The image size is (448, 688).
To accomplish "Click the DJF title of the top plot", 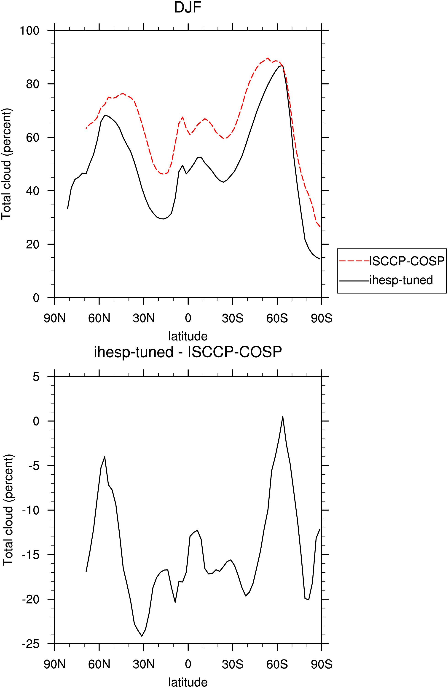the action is coord(188,7).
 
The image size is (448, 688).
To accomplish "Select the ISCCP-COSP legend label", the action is coord(407,261).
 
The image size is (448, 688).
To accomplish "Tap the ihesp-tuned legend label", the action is coord(401,280).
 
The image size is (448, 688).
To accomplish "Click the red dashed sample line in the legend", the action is coord(354,261).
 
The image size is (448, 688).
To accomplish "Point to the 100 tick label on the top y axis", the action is coord(29,30).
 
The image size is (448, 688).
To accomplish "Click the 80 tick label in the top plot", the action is coord(32,84).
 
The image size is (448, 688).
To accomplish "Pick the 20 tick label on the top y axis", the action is coord(32,244).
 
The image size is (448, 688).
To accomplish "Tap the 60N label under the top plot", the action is coord(99,318).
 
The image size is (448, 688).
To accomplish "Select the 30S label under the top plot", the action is coord(233,318).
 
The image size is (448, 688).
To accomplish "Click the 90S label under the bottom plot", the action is coord(322,665).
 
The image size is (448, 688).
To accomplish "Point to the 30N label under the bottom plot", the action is coord(144,665).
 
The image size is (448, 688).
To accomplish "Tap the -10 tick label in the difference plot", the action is coord(31,510).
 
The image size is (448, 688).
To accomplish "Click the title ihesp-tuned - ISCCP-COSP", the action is coord(188,352).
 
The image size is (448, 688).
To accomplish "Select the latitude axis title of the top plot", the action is coord(188,336).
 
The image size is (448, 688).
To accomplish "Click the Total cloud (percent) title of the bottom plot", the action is coord(8,510).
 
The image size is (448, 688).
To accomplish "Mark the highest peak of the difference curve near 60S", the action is coord(283,417).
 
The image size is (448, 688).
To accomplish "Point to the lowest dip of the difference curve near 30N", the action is coord(142,636).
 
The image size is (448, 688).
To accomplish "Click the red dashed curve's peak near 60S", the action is coord(268,58).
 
